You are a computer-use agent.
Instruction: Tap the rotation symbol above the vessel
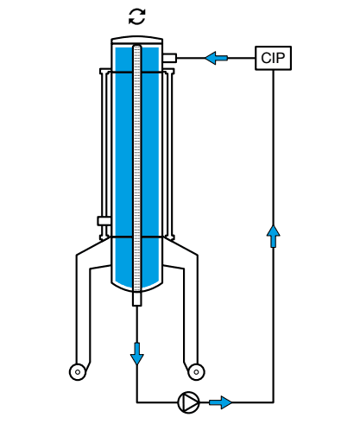(x=137, y=16)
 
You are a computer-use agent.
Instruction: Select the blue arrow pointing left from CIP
(x=217, y=58)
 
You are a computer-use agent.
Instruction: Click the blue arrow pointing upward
(x=274, y=234)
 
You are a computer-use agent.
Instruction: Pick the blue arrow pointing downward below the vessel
(x=137, y=352)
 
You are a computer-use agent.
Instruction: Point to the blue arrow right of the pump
(x=222, y=402)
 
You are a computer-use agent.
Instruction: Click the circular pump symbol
(x=187, y=402)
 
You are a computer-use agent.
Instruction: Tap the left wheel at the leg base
(x=79, y=371)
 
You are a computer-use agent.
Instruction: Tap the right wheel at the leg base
(x=197, y=371)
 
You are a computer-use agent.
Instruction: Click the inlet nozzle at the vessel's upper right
(x=169, y=58)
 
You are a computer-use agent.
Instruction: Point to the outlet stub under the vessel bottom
(x=137, y=299)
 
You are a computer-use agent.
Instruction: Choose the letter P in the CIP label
(x=282, y=58)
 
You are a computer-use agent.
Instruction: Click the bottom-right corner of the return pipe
(x=274, y=402)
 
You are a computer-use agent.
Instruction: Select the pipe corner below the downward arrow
(x=137, y=402)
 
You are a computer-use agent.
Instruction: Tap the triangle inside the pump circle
(x=188, y=402)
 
